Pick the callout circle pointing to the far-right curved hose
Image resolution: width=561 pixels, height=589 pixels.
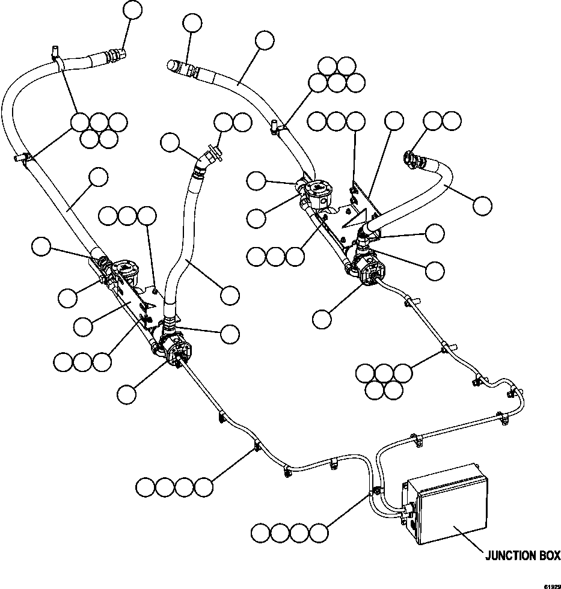tap(482, 206)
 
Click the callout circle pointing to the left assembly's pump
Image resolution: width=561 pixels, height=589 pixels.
tap(127, 394)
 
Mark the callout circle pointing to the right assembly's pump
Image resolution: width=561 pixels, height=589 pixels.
tap(323, 319)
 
